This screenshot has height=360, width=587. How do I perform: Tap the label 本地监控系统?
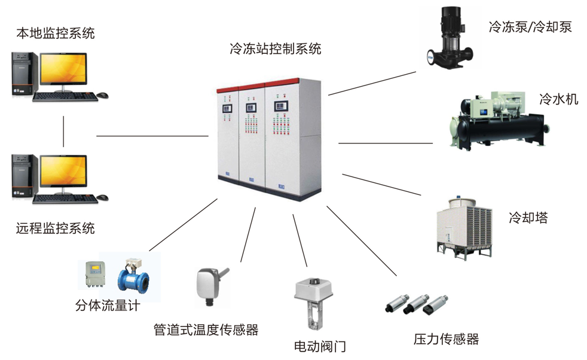coord(55,33)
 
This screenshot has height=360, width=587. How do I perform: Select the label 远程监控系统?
coord(55,228)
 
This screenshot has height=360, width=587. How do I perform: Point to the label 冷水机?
coord(558,99)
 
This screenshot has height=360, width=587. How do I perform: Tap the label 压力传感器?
coord(446,340)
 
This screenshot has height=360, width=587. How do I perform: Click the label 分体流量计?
coord(108,306)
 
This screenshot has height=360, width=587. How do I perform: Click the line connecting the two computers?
coord(63,130)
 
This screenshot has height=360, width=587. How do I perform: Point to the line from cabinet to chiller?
coord(386,143)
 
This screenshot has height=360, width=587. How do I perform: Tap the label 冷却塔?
coord(528,218)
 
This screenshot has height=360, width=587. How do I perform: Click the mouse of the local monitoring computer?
coord(103,95)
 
